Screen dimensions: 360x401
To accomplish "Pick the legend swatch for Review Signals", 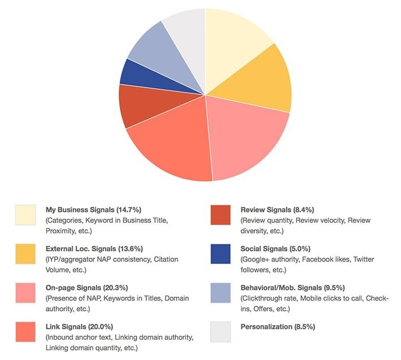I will [220, 215].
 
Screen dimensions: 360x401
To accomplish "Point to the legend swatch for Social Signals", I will [220, 254].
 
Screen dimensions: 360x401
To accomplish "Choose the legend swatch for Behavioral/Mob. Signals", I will [220, 293].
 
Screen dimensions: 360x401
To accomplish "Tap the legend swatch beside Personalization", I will [220, 332].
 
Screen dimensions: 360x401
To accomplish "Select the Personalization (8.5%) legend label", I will [277, 327].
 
